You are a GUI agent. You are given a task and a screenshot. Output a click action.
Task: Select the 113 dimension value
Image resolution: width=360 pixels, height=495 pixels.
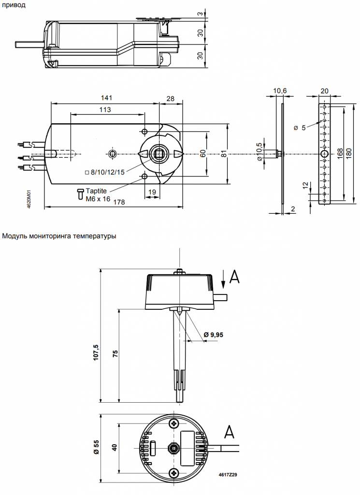105,110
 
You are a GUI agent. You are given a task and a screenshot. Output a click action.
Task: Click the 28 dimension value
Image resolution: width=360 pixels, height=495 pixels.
171,99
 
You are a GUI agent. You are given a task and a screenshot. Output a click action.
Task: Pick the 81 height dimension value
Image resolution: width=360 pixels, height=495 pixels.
224,153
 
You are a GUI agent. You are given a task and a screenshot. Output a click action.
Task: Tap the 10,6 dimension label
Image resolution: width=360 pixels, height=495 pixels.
280,90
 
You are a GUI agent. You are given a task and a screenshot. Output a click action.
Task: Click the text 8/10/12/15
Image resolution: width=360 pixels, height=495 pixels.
107,172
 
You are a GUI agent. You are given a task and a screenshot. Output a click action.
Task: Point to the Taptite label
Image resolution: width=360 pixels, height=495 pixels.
96,191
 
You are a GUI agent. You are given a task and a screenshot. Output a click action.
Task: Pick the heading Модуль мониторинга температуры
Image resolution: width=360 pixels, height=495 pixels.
59,236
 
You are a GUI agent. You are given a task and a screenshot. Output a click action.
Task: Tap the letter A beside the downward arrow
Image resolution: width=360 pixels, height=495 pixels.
234,276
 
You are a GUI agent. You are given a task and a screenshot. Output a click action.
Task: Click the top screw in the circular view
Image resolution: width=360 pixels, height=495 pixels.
174,423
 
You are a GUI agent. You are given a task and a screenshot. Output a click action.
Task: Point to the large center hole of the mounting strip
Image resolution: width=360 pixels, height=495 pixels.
324,153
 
